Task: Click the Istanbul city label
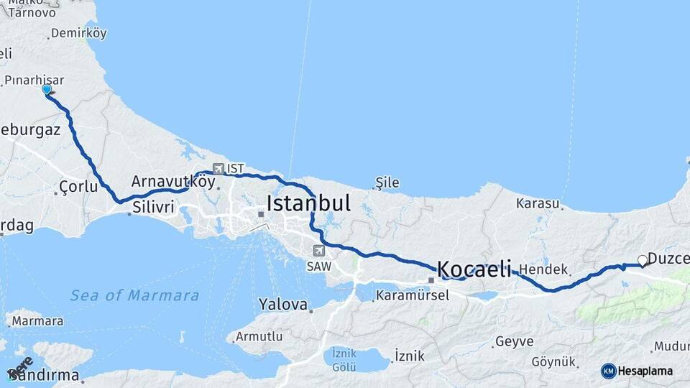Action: tap(308, 203)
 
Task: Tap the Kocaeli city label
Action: tap(474, 270)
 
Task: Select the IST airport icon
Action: tap(218, 169)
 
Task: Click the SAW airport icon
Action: tap(318, 251)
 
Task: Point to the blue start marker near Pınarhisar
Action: tap(47, 90)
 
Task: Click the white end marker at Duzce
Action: tap(642, 261)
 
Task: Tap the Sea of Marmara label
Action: tap(134, 295)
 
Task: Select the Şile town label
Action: tap(387, 183)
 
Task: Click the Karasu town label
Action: tap(538, 203)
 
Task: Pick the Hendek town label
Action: tap(543, 270)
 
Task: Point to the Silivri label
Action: tap(154, 207)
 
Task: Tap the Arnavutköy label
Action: tap(172, 182)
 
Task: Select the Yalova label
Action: tap(283, 304)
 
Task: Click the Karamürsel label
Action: tap(413, 295)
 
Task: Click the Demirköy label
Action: tap(78, 33)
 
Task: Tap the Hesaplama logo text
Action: tap(645, 371)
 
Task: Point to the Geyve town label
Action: tap(514, 341)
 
